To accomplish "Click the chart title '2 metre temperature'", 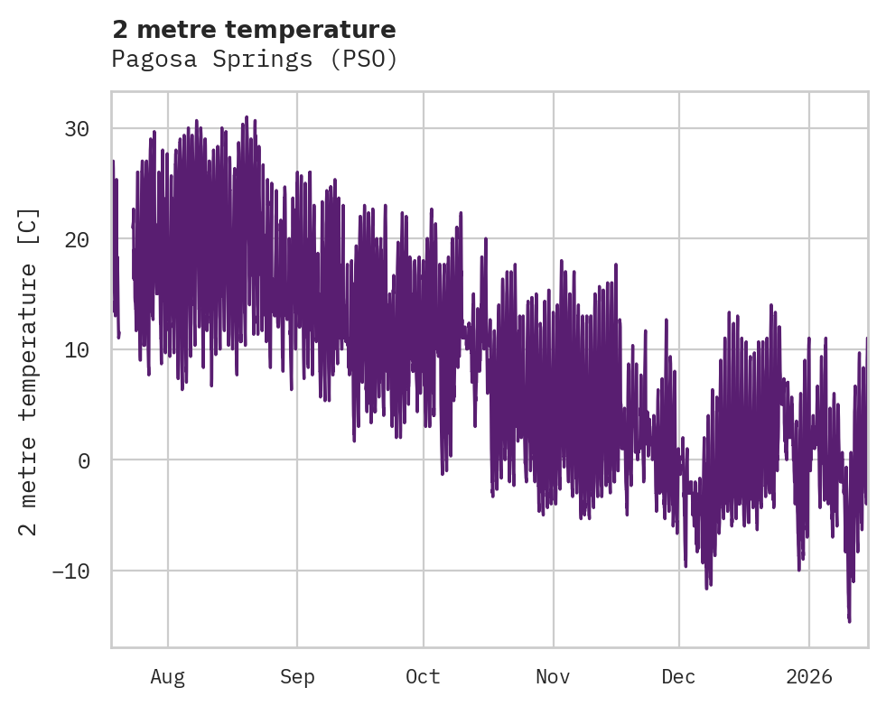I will click(254, 30).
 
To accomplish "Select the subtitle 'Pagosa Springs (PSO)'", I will click(254, 60).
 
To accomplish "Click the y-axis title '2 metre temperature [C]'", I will click(29, 371).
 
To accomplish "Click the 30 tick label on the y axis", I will click(76, 129).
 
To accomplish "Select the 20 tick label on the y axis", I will click(76, 239).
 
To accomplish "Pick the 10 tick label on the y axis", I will click(76, 350).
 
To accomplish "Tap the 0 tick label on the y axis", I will click(83, 460).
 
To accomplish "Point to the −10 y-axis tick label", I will click(70, 571).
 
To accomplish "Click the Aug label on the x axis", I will click(167, 677).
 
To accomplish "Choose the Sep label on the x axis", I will click(296, 677).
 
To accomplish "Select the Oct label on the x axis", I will click(423, 677).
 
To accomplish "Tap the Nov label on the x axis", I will click(553, 677).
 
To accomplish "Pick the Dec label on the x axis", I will click(679, 677).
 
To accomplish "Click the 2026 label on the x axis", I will click(808, 677).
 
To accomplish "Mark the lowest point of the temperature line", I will click(849, 620).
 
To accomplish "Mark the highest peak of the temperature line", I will click(246, 117).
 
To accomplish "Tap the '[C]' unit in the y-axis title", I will click(29, 227).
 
